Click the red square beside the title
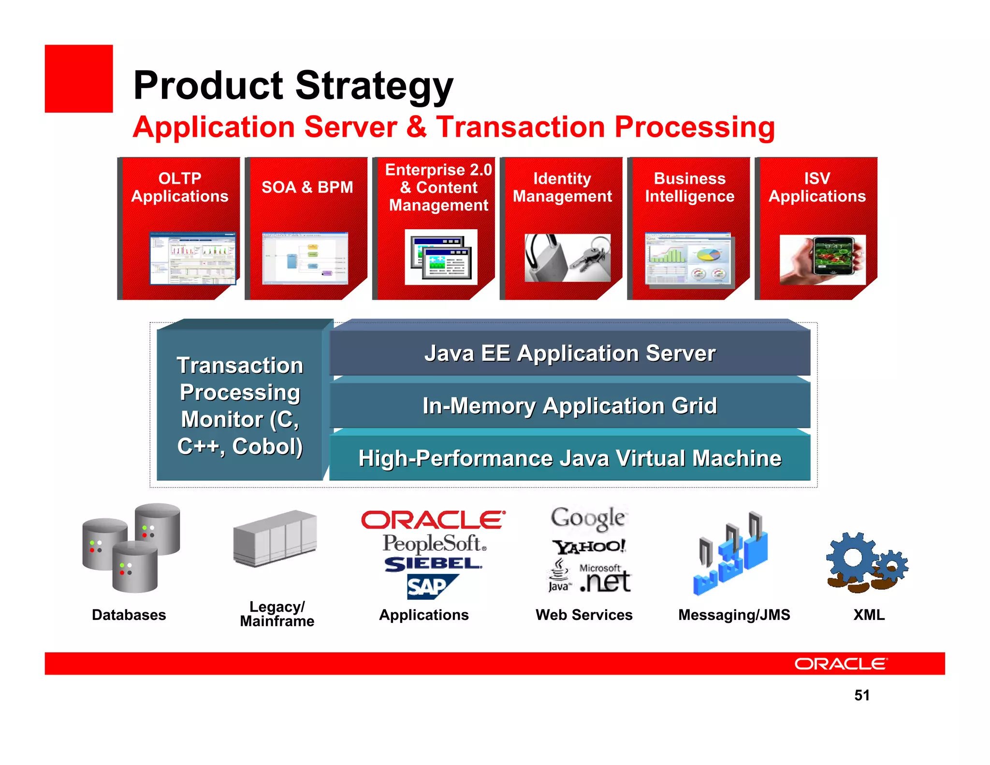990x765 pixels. click(x=79, y=79)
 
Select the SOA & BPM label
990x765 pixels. click(x=307, y=187)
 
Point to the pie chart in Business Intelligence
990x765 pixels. click(x=708, y=253)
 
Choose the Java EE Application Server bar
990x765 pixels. click(x=569, y=353)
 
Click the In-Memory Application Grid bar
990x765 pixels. click(x=569, y=405)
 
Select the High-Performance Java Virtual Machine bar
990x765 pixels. click(x=569, y=458)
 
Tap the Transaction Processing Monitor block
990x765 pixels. click(x=240, y=405)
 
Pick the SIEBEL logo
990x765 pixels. click(x=433, y=564)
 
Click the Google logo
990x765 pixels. click(x=588, y=518)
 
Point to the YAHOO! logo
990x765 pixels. click(x=589, y=547)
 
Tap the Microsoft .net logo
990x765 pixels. click(x=605, y=578)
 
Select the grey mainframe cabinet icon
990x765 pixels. click(x=275, y=538)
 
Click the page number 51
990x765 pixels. click(x=862, y=695)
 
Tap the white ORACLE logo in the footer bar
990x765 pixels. click(x=841, y=664)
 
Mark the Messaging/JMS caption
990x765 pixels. click(x=734, y=615)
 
